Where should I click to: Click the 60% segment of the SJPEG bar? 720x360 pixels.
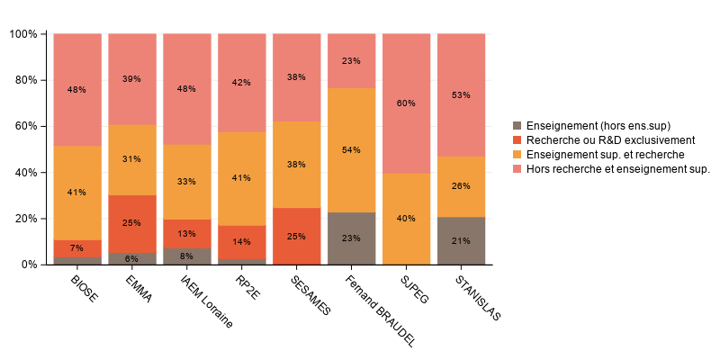coord(406,103)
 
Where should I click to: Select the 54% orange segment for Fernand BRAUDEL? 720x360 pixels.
coord(351,149)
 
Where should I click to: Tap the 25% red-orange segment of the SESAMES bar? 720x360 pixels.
coord(296,236)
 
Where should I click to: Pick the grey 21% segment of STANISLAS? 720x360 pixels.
coord(461,240)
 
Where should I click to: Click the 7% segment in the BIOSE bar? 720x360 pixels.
coord(77,248)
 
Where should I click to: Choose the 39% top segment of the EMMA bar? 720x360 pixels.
coord(132,79)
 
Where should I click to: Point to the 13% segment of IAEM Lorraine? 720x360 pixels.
coord(187,234)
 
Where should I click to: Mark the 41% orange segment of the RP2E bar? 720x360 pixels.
coord(242,178)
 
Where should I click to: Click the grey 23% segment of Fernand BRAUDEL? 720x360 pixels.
coord(351,238)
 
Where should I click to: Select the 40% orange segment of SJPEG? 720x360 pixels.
coord(406,219)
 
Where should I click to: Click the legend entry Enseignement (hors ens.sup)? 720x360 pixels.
coord(598,125)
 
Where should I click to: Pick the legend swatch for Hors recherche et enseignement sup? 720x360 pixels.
coord(517,168)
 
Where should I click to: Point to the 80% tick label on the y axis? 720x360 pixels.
coord(23,80)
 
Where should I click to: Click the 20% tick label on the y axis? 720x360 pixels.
coord(23,219)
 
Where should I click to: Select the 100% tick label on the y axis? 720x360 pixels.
coord(22,34)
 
